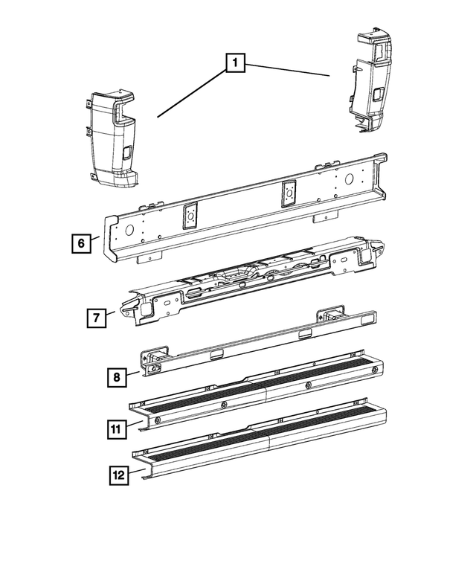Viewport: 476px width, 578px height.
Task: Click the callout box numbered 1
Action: click(x=234, y=65)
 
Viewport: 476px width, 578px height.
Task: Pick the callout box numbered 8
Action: click(x=116, y=378)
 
